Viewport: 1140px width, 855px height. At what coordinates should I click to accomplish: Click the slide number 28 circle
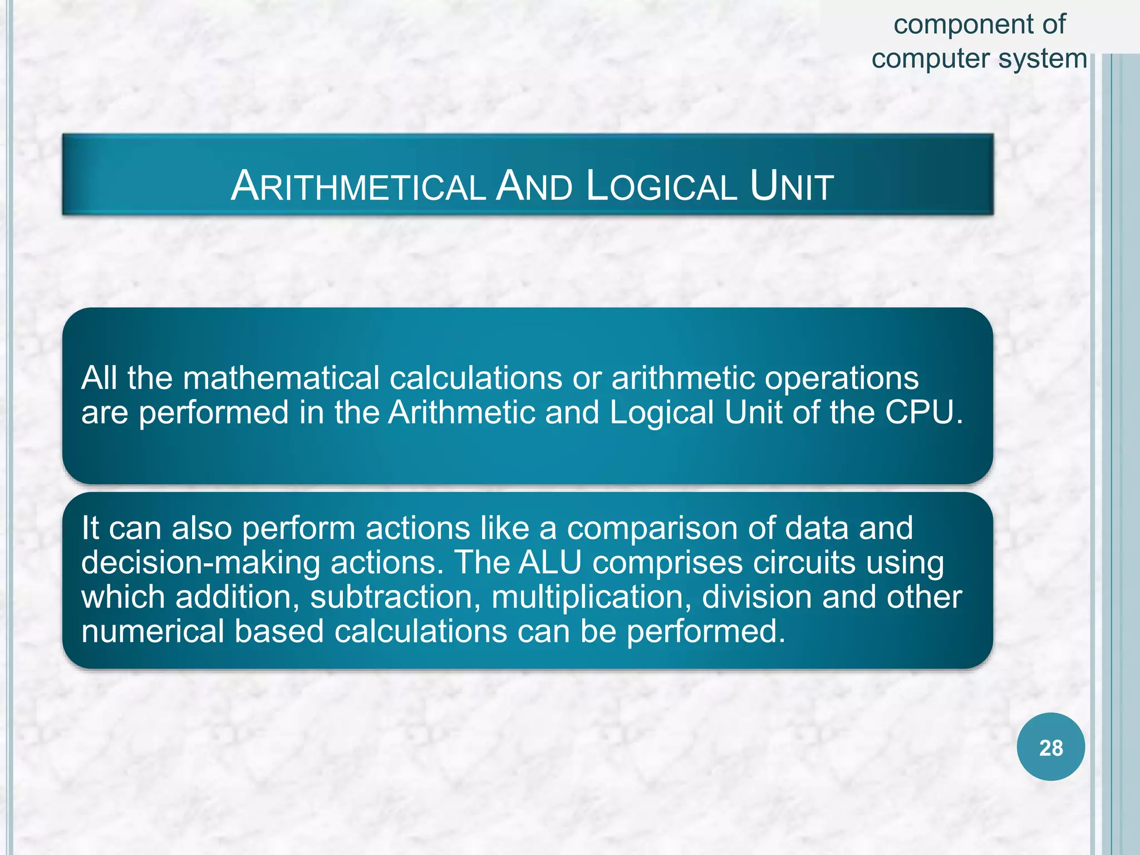click(x=1050, y=747)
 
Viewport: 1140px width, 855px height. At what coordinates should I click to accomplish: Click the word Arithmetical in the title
click(x=358, y=186)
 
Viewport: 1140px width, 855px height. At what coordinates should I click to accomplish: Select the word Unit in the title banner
click(x=792, y=186)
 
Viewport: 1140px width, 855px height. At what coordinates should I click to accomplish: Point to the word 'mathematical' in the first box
click(x=281, y=379)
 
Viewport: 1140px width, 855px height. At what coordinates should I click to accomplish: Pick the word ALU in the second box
click(x=550, y=562)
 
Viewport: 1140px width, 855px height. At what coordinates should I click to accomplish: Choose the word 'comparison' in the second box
click(x=652, y=529)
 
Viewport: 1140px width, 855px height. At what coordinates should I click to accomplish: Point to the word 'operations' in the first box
click(x=841, y=379)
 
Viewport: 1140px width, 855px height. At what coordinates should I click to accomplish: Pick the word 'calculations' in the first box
click(x=476, y=379)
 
